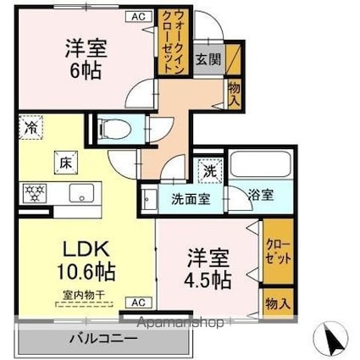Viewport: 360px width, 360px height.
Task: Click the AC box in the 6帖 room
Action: click(x=136, y=17)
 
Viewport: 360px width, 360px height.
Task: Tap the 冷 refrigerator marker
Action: click(x=29, y=132)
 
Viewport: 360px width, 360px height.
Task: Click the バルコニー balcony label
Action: click(x=102, y=340)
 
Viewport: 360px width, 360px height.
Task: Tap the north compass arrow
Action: click(x=330, y=340)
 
